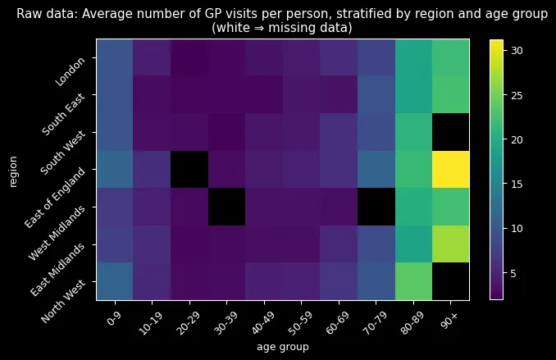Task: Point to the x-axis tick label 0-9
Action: tap(116, 317)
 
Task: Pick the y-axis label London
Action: tap(71, 72)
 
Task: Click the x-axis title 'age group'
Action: tap(283, 348)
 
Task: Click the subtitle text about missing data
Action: tap(282, 27)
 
